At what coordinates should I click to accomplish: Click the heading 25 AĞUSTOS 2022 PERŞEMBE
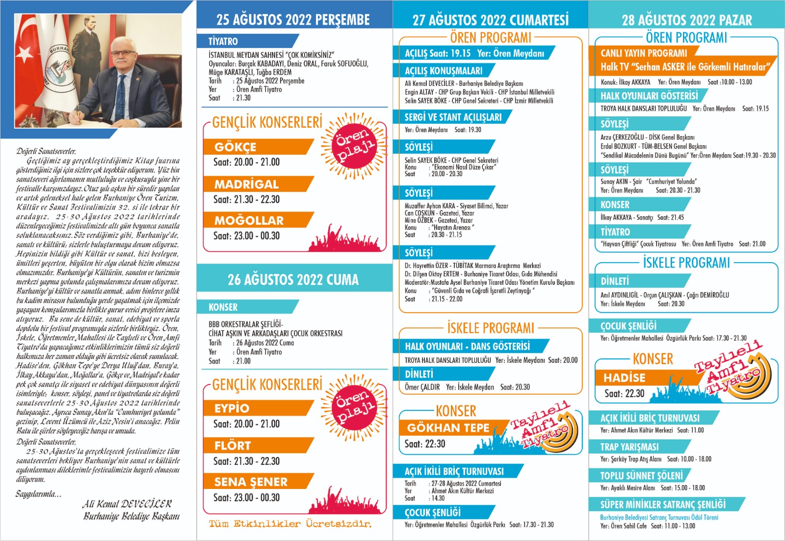coord(293,19)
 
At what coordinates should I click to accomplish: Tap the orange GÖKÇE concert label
coord(235,147)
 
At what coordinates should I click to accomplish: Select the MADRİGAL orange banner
coord(246,184)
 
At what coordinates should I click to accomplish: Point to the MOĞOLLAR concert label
coord(249,220)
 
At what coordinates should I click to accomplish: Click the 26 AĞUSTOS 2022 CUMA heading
coord(293,280)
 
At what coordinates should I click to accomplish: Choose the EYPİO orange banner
coord(232,408)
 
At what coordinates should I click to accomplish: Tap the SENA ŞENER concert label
coord(251,482)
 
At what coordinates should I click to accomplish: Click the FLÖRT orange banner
coord(233,445)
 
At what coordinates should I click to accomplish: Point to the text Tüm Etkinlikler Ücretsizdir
coord(290,524)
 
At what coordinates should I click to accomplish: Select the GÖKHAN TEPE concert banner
coord(448,428)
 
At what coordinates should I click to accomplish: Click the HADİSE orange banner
coord(625,378)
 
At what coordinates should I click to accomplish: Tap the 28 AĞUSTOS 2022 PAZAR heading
coord(686,20)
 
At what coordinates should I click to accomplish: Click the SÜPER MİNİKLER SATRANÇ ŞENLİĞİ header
coord(663,504)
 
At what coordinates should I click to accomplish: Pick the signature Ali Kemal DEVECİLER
coord(127,504)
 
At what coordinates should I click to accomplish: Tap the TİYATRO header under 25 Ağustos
coord(223,41)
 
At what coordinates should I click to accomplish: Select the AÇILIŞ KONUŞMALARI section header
coord(443,71)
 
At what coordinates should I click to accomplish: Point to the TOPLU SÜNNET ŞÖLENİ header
coord(641,475)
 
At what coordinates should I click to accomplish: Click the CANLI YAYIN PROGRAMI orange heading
coord(644,53)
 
